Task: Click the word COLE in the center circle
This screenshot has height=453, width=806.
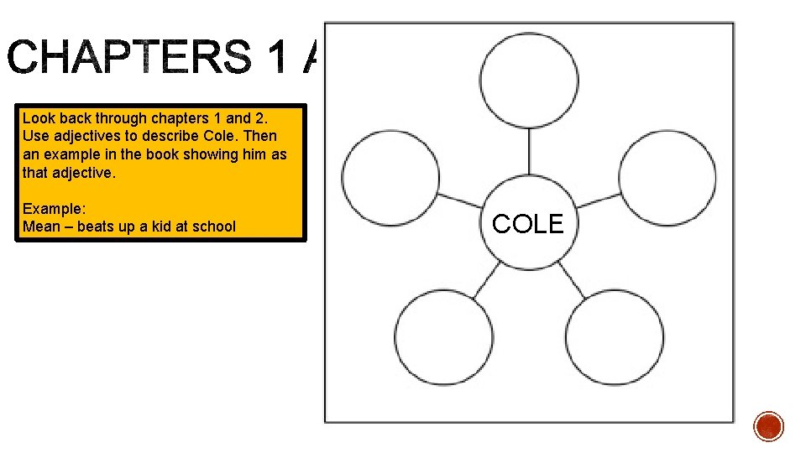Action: [x=528, y=224]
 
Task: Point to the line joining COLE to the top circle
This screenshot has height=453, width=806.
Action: [x=529, y=152]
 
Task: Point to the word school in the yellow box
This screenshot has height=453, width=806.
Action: [x=215, y=226]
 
